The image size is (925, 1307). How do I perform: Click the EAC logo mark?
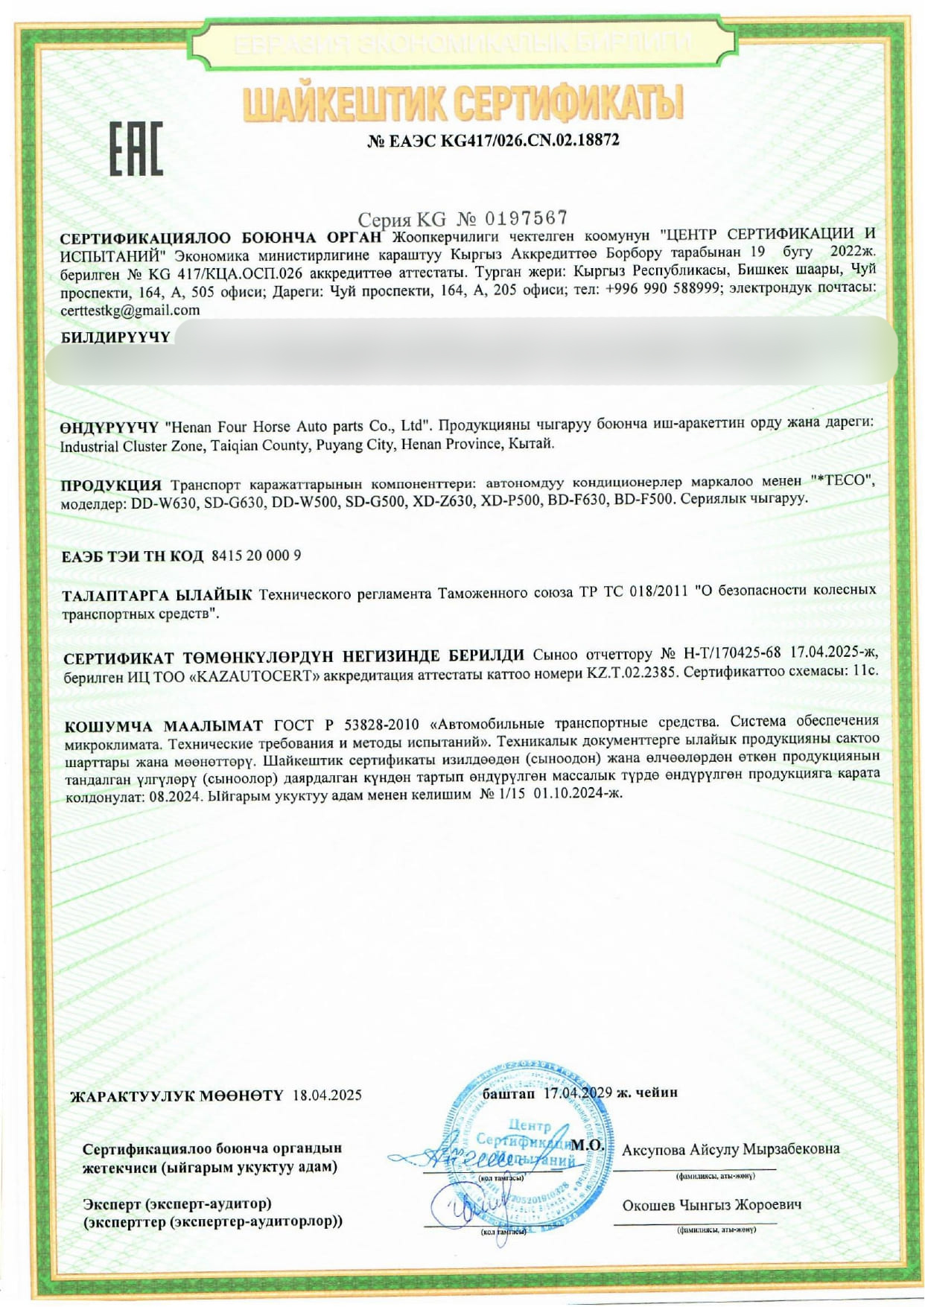point(136,147)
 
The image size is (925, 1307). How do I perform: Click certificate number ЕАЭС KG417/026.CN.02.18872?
point(493,140)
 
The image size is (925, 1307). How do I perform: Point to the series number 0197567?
point(526,218)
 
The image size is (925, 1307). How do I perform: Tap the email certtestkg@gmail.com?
point(130,311)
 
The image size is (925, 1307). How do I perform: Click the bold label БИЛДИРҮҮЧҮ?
point(115,337)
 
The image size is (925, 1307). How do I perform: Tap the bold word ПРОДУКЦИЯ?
point(111,485)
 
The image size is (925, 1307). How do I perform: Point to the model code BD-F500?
point(643,499)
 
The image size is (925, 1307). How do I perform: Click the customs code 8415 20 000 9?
point(256,556)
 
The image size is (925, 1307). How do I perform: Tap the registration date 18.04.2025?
point(327,1095)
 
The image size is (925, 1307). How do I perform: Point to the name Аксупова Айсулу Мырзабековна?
point(731,1149)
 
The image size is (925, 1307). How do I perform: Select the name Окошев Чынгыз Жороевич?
point(711,1205)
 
